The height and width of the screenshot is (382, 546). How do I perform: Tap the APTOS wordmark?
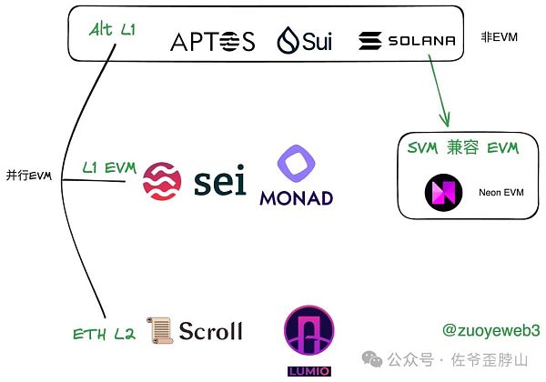click(213, 41)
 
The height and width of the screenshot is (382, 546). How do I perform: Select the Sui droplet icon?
click(288, 41)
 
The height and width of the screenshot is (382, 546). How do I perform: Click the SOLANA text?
click(420, 41)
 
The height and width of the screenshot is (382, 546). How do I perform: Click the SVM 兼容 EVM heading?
click(461, 148)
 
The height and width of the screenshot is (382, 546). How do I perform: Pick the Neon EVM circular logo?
click(443, 192)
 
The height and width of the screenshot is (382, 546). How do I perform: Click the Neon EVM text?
click(502, 193)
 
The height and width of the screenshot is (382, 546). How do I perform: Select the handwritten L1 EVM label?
click(108, 168)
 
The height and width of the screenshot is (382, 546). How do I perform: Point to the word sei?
click(220, 181)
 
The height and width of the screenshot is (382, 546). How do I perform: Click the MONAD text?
click(296, 197)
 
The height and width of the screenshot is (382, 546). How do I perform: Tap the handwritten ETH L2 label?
click(104, 334)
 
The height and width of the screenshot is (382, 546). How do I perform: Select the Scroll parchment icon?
click(160, 330)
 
